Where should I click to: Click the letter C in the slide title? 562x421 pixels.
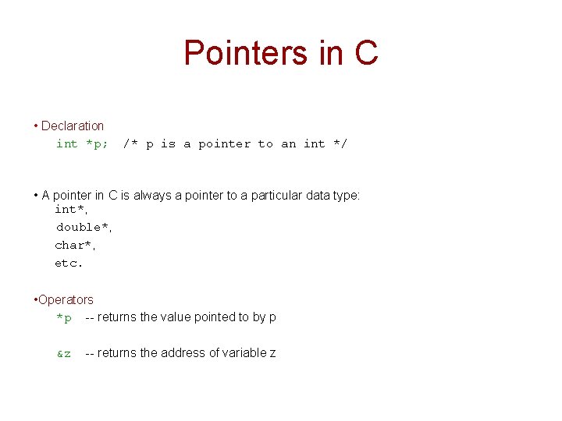pos(365,53)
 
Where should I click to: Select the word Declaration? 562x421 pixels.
pos(72,126)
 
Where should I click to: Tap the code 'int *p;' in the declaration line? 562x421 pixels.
pos(82,143)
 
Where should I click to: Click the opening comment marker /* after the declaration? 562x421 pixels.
pos(130,143)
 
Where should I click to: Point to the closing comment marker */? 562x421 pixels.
pos(340,143)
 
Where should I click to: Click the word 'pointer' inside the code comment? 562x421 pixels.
pos(225,143)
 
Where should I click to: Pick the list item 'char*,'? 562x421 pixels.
pos(74,245)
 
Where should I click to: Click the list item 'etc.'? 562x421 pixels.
pos(69,263)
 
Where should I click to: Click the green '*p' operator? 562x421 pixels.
pos(64,317)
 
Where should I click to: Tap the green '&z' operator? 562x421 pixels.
pos(64,353)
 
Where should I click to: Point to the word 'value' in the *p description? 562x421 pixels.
pos(176,317)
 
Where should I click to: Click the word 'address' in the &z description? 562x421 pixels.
pos(182,353)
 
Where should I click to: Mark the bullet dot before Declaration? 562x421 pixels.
pos(36,126)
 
